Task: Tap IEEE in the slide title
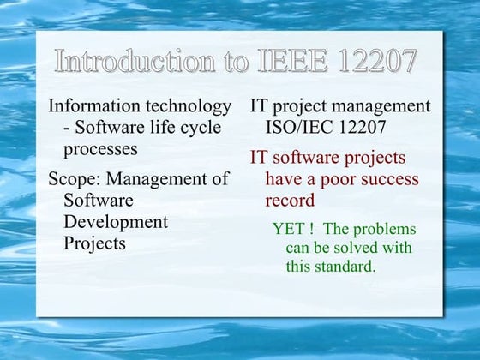pyautogui.click(x=290, y=61)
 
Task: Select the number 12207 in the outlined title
pyautogui.click(x=376, y=61)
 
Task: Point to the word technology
pyautogui.click(x=189, y=106)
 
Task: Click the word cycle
pyautogui.click(x=198, y=128)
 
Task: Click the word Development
pyautogui.click(x=116, y=221)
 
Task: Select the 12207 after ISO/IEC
pyautogui.click(x=362, y=128)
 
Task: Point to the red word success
pyautogui.click(x=387, y=179)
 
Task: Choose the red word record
pyautogui.click(x=290, y=201)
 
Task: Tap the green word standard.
pyautogui.click(x=348, y=266)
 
